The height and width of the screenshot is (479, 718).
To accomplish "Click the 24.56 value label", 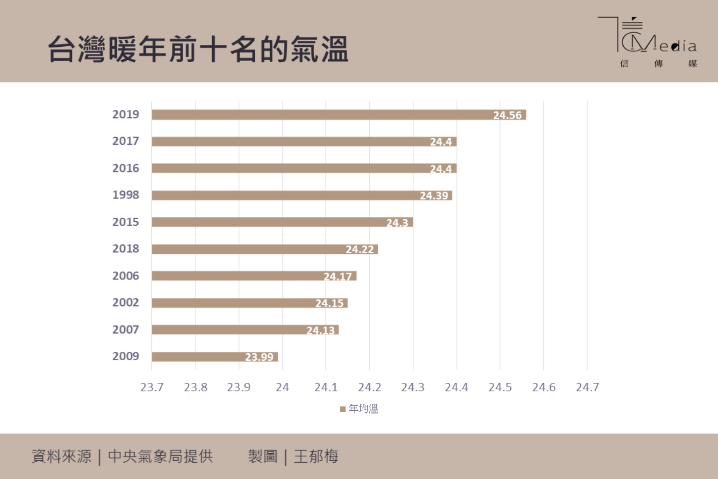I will [507, 115].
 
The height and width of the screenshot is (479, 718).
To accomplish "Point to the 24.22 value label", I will [359, 250].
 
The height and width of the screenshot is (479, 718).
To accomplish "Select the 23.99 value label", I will [259, 357].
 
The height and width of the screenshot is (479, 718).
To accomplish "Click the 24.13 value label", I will [320, 330].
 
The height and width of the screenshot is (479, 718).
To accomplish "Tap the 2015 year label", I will [125, 222].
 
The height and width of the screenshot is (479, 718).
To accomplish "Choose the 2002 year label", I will [125, 303].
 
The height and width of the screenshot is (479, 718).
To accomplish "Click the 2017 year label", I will [125, 141].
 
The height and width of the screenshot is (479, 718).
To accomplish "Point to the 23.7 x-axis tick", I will [152, 387].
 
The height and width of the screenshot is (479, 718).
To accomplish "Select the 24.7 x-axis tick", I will [587, 387].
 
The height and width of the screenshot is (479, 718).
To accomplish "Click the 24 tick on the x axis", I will [282, 387].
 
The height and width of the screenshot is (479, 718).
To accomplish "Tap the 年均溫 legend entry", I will [359, 409].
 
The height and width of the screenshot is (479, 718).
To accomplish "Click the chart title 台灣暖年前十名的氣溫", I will [198, 50].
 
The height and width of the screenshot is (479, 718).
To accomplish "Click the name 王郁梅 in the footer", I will [316, 457].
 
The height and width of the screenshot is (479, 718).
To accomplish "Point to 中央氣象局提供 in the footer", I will [160, 457].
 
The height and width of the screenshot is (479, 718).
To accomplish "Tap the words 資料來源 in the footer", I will [62, 457].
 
